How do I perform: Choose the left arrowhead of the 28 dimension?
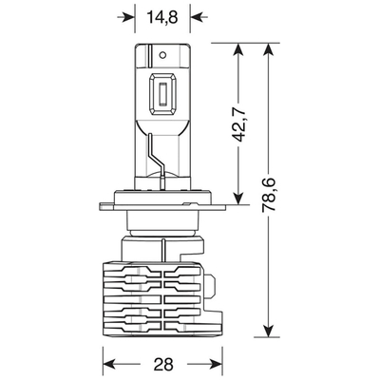(107, 364)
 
